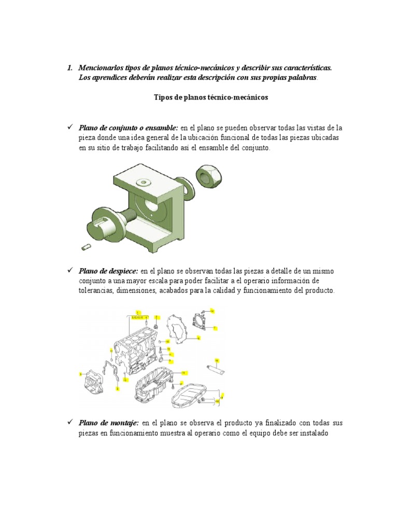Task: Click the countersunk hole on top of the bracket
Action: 141,182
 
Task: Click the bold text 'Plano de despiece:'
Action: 108,271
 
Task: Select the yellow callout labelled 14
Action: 212,311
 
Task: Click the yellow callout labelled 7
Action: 215,328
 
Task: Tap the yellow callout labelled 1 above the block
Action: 138,313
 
